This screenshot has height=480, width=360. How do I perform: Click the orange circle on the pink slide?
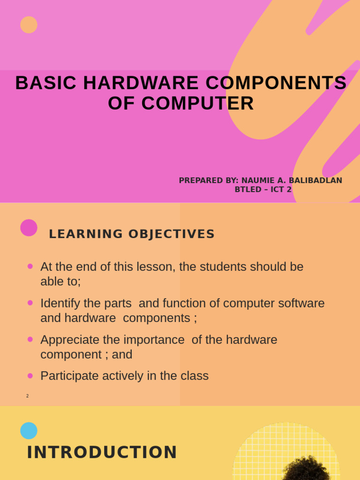point(29,25)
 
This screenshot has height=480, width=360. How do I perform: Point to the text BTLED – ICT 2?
point(263,189)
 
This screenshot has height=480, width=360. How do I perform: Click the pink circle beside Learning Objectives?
point(29,228)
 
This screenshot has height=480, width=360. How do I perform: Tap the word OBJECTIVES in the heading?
point(171,234)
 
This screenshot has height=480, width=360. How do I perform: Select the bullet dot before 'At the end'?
point(30,266)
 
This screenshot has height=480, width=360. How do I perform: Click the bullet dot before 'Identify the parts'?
point(30,303)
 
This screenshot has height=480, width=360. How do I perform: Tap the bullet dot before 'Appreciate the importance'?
point(30,339)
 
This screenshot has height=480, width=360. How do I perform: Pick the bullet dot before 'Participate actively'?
point(30,375)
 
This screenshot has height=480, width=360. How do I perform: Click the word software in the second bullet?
point(301,303)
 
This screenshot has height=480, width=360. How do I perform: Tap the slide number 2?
point(28,396)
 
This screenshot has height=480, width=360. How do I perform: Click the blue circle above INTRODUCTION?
point(29,430)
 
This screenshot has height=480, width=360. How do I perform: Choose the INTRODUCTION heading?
point(102,453)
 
